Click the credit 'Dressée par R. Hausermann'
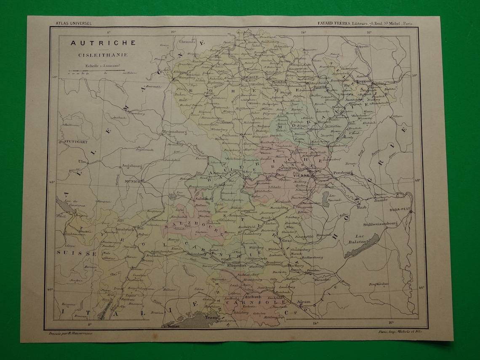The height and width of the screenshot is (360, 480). (x=71, y=333)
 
